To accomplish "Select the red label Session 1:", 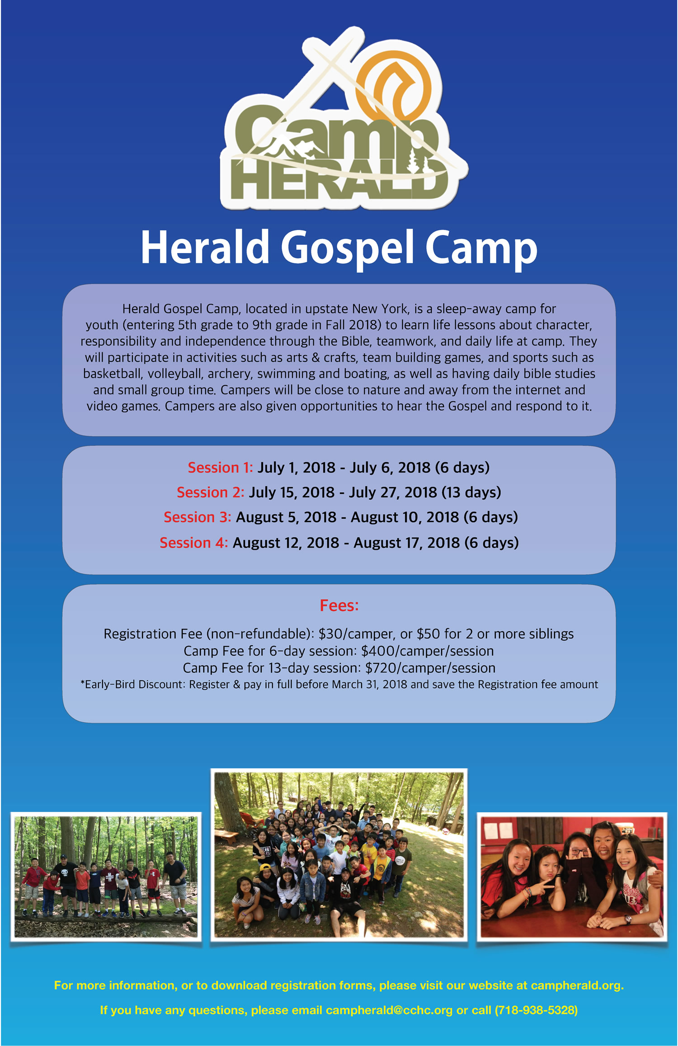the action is point(220,468).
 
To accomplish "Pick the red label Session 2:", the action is point(210,493).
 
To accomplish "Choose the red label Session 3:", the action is point(197,517).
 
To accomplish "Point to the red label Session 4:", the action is point(193,543).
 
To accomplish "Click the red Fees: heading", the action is point(339,606).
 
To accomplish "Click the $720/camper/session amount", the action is point(430,668).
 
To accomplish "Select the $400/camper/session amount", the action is point(428,651).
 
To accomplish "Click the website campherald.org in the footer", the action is point(577,985).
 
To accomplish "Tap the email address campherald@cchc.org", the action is point(389,1010).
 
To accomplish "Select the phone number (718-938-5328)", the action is point(537,1010).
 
